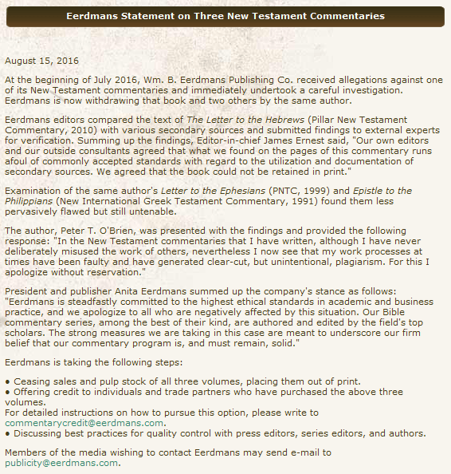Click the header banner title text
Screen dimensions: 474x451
(225, 16)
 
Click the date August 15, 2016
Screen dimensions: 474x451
(41, 61)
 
